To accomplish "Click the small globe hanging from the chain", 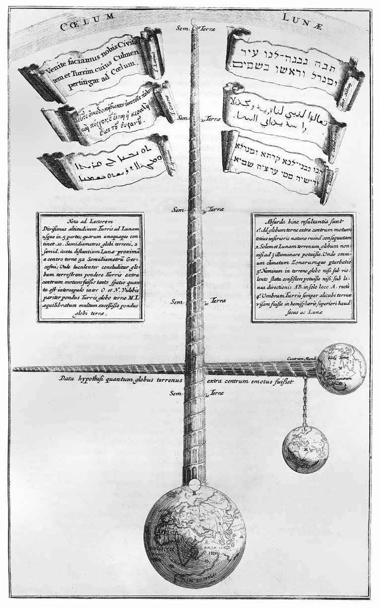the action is tap(305, 447).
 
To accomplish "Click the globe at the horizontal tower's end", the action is tap(341, 369).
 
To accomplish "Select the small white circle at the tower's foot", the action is tap(195, 484).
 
